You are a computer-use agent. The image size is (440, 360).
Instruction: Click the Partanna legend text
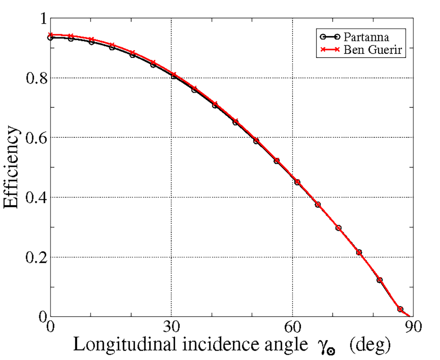(x=366, y=37)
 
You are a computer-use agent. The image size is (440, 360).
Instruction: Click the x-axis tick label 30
(x=171, y=327)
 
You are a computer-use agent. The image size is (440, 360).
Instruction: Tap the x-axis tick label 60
(x=292, y=327)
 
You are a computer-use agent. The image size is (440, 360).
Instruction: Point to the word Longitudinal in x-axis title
(x=115, y=346)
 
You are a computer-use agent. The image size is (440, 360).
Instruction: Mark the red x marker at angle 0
(x=51, y=35)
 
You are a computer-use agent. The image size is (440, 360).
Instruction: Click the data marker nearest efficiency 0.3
(x=338, y=228)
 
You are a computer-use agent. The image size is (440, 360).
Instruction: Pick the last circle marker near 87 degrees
(x=400, y=309)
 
